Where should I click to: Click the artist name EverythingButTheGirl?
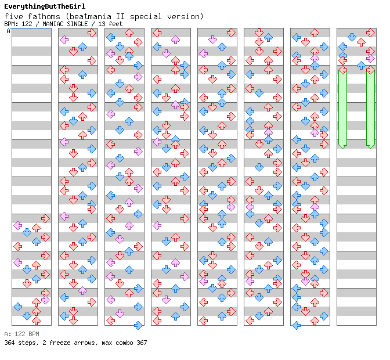[45, 6]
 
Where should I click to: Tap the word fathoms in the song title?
[44, 16]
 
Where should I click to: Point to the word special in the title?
[146, 17]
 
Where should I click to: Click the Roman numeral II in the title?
[120, 16]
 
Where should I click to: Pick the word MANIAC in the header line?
[52, 24]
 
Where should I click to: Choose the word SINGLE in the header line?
[77, 24]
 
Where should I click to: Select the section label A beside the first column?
[8, 31]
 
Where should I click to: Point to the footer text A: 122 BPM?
[21, 334]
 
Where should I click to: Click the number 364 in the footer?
[9, 343]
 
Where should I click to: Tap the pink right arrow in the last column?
[370, 59]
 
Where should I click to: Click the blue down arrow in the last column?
[352, 37]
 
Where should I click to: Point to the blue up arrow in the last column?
[361, 66]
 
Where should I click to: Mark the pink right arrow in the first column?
[45, 300]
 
